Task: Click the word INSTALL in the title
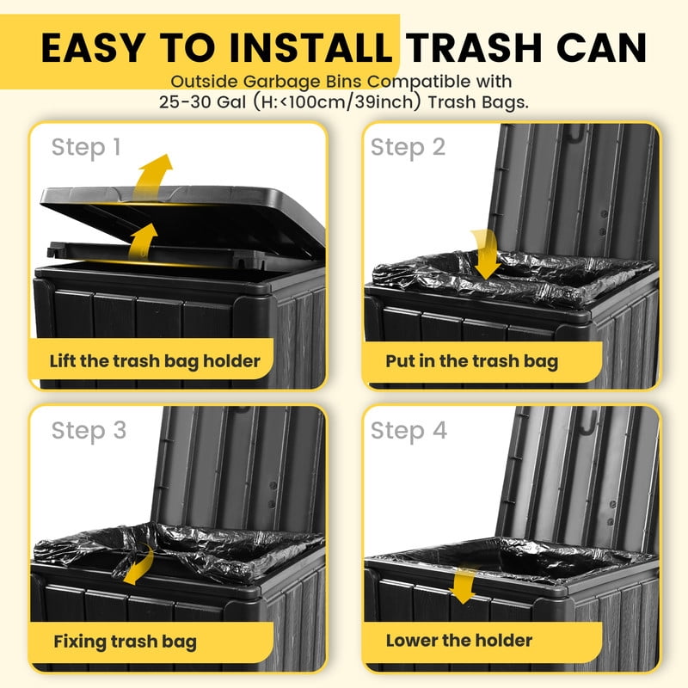click(x=310, y=47)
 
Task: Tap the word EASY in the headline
click(x=94, y=47)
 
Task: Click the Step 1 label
click(x=86, y=147)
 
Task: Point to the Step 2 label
click(x=408, y=147)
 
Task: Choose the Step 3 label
click(x=89, y=431)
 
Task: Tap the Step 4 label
click(x=409, y=431)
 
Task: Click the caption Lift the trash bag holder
click(x=155, y=361)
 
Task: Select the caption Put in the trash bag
click(x=472, y=361)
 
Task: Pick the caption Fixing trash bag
click(x=125, y=642)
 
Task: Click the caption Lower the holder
click(x=459, y=641)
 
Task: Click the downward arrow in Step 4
click(x=464, y=586)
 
